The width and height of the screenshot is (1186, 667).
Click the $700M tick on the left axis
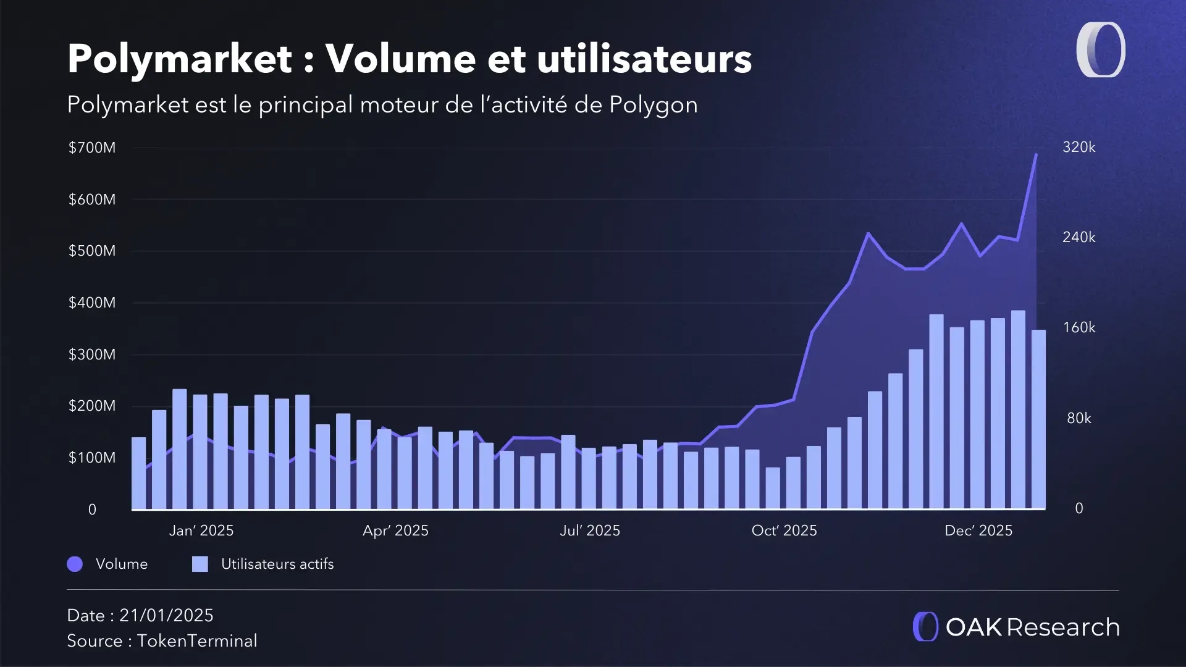(92, 148)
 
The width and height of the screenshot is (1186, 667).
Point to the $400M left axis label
(92, 303)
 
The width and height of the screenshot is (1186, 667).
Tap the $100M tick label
(92, 458)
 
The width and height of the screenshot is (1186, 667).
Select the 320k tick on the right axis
(1079, 147)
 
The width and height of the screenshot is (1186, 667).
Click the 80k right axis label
(1079, 418)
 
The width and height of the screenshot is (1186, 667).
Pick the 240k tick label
(1079, 237)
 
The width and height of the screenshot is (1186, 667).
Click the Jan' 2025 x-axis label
(201, 531)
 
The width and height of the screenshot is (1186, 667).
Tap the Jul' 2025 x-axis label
(590, 531)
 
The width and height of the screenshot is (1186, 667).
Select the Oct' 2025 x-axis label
(784, 531)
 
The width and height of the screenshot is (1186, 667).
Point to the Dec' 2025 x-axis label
(978, 531)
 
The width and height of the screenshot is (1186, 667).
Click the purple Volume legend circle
(75, 564)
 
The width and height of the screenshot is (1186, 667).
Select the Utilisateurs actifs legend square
(200, 564)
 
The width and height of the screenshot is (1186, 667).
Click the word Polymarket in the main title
(180, 59)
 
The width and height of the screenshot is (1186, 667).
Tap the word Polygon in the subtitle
(653, 105)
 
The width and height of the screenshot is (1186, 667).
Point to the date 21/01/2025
(166, 615)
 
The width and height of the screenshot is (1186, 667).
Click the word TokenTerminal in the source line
(197, 640)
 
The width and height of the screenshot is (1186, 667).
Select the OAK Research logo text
(1032, 627)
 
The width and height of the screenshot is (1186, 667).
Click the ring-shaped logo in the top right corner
(1101, 50)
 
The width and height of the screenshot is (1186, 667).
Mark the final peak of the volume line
(1036, 154)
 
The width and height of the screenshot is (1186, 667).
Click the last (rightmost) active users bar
(1038, 419)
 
